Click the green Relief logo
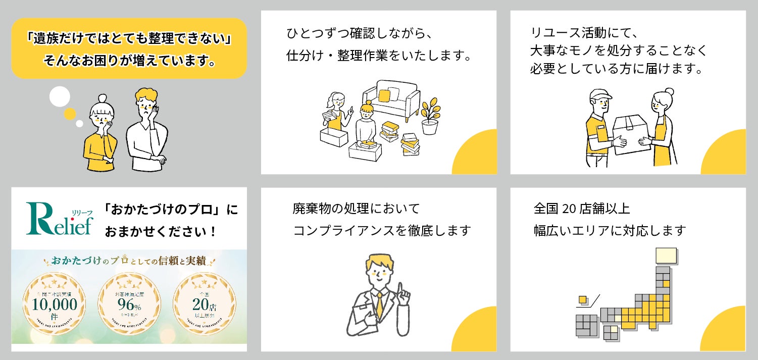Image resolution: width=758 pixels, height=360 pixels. pyautogui.click(x=60, y=220)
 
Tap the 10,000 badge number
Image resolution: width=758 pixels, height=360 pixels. pyautogui.click(x=55, y=304)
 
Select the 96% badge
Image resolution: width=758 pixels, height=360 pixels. pyautogui.click(x=129, y=304)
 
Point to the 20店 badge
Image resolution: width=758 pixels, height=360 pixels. pyautogui.click(x=204, y=304)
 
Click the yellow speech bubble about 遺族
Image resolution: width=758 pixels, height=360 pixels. pyautogui.click(x=129, y=48)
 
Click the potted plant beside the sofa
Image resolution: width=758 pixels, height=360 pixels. pyautogui.click(x=430, y=116)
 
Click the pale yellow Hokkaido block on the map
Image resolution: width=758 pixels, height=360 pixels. pyautogui.click(x=666, y=255)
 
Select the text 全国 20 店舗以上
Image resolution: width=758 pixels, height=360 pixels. pyautogui.click(x=581, y=208)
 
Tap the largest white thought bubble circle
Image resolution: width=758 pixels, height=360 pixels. pyautogui.click(x=60, y=96)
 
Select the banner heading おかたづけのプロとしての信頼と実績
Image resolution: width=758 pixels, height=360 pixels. pyautogui.click(x=129, y=262)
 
